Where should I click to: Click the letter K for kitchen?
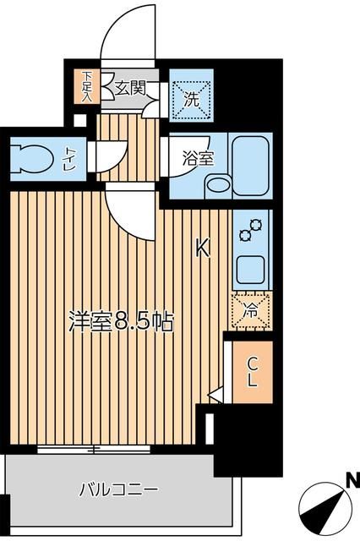click(202, 249)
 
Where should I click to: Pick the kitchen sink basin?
click(252, 269)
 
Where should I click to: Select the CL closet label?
click(252, 372)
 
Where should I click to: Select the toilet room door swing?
click(111, 155)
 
